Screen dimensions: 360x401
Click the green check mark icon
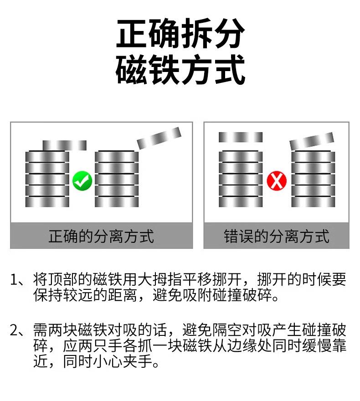pos(82,181)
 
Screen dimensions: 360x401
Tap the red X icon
pos(277,181)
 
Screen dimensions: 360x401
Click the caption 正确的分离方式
pos(101,236)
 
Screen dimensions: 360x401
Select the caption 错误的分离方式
pos(277,236)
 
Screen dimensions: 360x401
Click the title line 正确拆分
pos(180,34)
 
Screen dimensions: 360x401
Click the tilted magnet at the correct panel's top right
pos(159,138)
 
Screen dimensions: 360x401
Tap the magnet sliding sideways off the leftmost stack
pos(64,145)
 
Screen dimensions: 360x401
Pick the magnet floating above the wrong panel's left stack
pos(241,137)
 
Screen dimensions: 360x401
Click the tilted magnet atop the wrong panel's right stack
pos(312,142)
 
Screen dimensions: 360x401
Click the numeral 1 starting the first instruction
pos(15,279)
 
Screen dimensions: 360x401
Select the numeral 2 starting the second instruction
pos(15,329)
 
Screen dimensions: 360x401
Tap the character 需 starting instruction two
pos(40,329)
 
